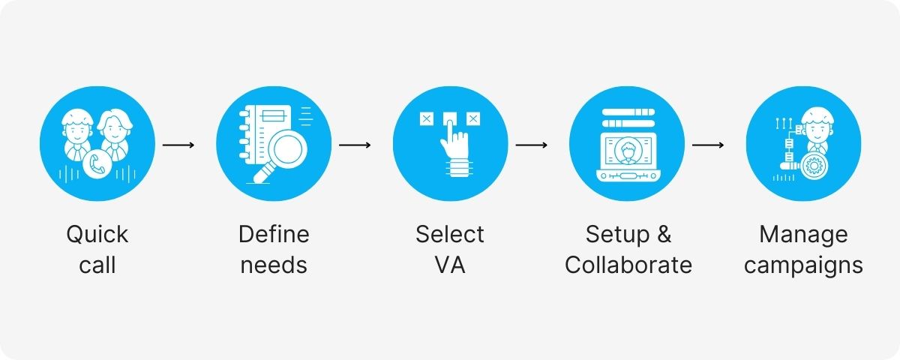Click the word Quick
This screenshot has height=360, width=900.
(97, 235)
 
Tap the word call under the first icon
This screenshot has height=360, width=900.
(97, 265)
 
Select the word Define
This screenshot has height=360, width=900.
(274, 235)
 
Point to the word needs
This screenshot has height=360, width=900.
(274, 265)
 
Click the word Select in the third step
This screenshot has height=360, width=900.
(450, 235)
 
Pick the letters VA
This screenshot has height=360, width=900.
(450, 265)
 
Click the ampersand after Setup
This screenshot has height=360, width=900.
(663, 235)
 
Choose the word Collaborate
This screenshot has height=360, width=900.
(628, 265)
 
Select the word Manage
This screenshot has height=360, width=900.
(803, 235)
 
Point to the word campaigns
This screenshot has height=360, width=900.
(803, 265)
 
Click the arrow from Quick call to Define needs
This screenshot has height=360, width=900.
(178, 144)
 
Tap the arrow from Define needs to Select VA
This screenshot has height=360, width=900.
(355, 144)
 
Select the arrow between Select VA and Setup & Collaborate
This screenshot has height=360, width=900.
(531, 144)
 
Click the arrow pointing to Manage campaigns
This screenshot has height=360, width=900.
(707, 144)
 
